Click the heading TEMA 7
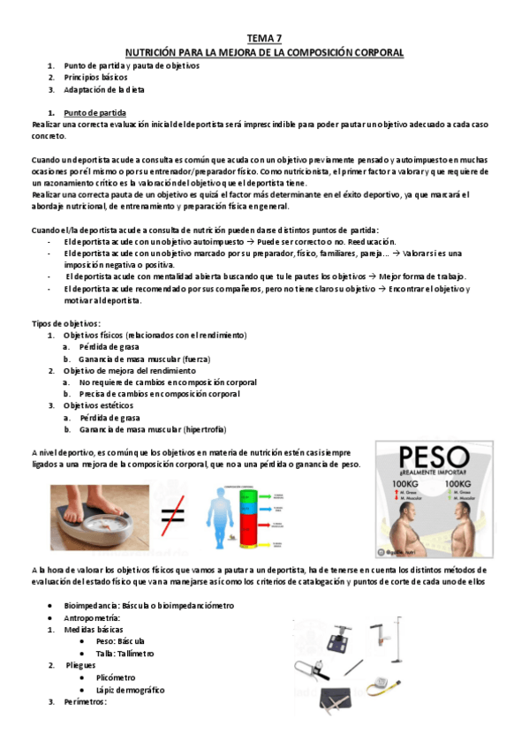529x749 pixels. click(264, 38)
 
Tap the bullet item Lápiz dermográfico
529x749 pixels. click(130, 690)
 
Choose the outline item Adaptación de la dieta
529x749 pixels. click(104, 89)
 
